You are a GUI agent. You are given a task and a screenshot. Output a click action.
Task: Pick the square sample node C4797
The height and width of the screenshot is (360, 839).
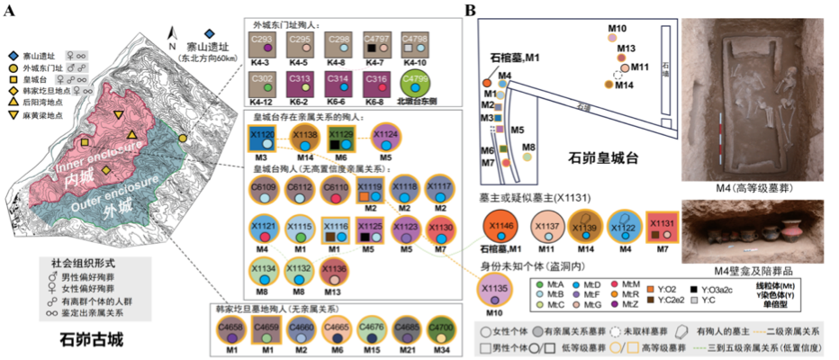[377, 43]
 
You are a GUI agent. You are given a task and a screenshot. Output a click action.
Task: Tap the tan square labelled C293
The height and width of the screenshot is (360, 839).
[262, 43]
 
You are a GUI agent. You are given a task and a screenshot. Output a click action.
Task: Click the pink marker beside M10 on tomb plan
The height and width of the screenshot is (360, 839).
[612, 39]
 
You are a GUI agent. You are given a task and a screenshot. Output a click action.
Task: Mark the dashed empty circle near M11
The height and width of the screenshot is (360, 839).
[618, 76]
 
